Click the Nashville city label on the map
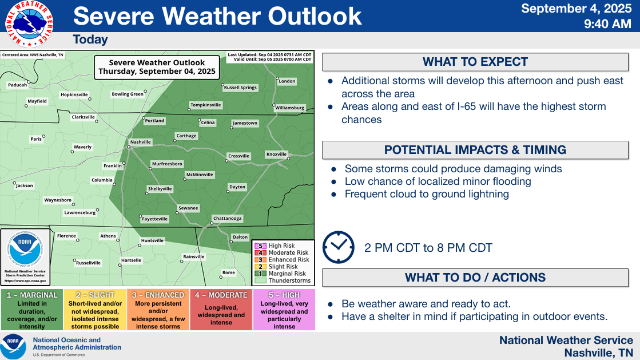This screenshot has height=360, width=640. pyautogui.click(x=140, y=142)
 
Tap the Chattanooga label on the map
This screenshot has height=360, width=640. pyautogui.click(x=228, y=218)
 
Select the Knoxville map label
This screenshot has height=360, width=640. pyautogui.click(x=276, y=154)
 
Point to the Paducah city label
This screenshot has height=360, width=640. pyautogui.click(x=18, y=85)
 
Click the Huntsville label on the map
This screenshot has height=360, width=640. pyautogui.click(x=152, y=240)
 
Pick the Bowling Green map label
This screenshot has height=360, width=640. pyautogui.click(x=128, y=94)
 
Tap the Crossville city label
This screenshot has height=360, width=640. pyautogui.click(x=238, y=156)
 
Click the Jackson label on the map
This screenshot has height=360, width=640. pyautogui.click(x=25, y=185)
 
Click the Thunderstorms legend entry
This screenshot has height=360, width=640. pyautogui.click(x=283, y=280)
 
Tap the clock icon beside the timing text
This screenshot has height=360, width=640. pyautogui.click(x=339, y=247)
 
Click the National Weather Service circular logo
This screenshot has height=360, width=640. pyautogui.click(x=29, y=23)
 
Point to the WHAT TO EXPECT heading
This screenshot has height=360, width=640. pyautogui.click(x=475, y=62)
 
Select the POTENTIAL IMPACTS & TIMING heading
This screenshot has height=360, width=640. pyautogui.click(x=475, y=150)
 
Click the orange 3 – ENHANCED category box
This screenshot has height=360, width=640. pyautogui.click(x=158, y=310)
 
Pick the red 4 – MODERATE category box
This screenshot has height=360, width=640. pyautogui.click(x=221, y=310)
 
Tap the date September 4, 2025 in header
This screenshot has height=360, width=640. pyautogui.click(x=577, y=9)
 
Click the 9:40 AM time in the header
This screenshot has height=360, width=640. pyautogui.click(x=607, y=23)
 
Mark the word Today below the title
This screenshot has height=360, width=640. pyautogui.click(x=90, y=39)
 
